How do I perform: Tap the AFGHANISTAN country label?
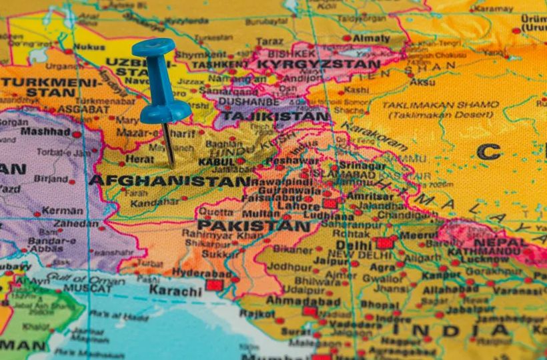click(x=169, y=180)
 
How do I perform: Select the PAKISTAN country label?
click(x=253, y=226)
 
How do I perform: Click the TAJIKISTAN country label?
click(x=276, y=116)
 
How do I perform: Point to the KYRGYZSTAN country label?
click(x=318, y=65)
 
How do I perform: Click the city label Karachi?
click(x=175, y=291)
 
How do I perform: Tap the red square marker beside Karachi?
click(x=213, y=285)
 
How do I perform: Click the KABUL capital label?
click(x=215, y=161)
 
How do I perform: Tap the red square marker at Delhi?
click(x=384, y=243)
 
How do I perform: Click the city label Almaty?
click(x=371, y=39)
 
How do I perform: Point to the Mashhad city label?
click(x=45, y=131)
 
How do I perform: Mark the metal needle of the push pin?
click(x=169, y=143)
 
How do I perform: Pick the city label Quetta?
click(x=215, y=213)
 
